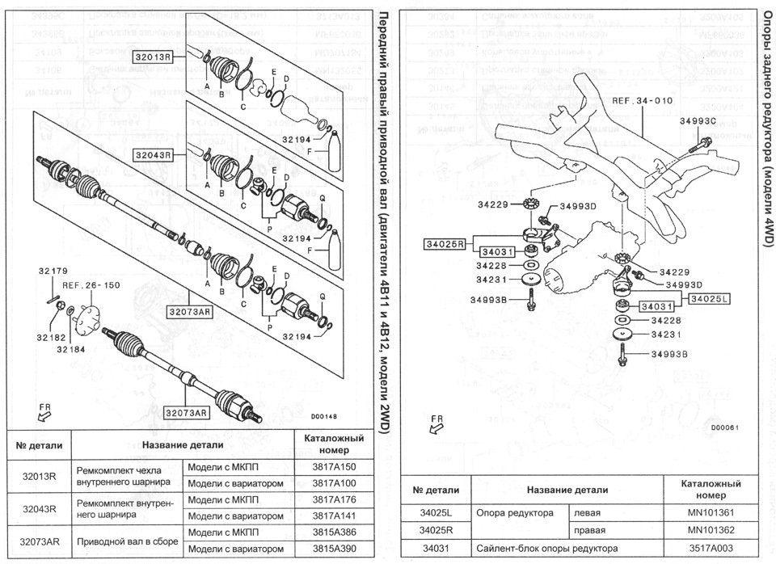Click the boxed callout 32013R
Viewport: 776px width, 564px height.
[154, 57]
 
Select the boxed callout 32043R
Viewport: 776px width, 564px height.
[154, 154]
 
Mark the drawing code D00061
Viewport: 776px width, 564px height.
[725, 427]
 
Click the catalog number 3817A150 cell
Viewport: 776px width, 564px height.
[334, 468]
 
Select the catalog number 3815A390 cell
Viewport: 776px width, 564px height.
[334, 549]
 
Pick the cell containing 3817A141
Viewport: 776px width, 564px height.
[334, 516]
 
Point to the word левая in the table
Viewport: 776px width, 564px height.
[588, 512]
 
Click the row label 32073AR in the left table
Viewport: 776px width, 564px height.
[38, 541]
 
